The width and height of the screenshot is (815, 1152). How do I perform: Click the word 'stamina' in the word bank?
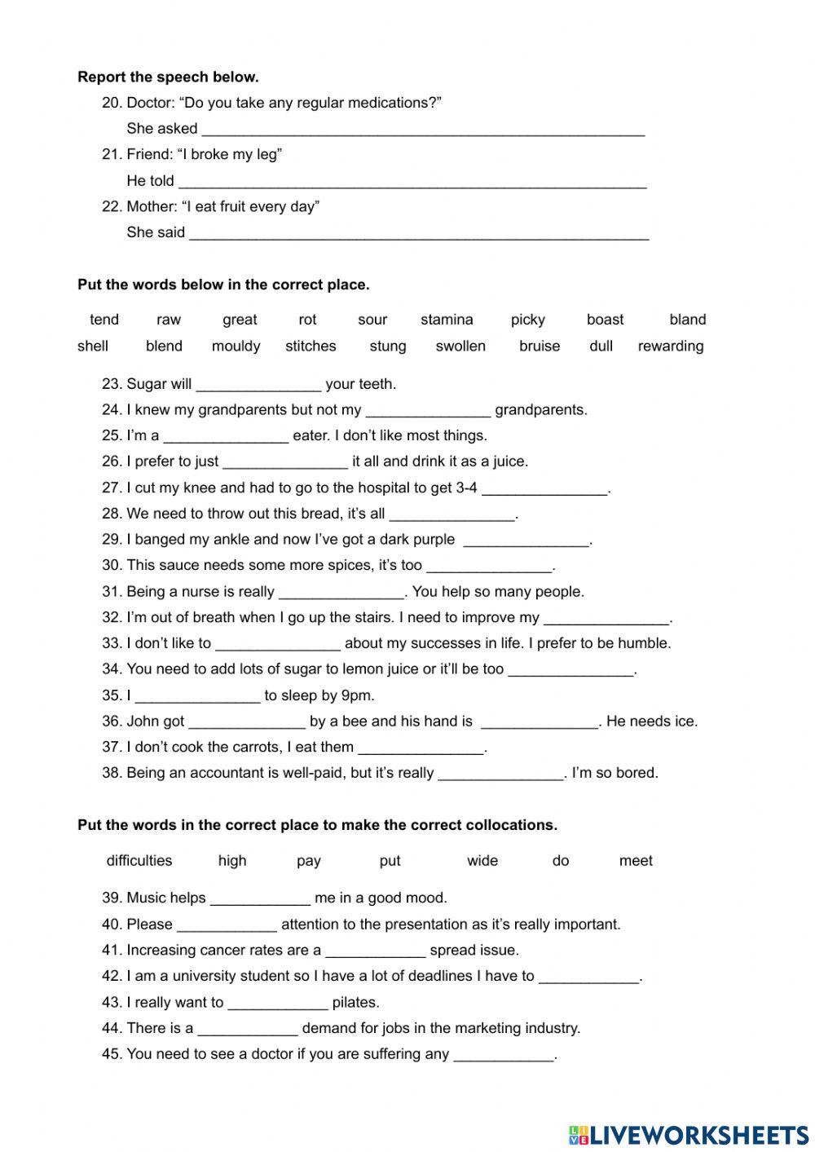(x=447, y=320)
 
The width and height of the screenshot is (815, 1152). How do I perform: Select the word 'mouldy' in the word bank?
(x=236, y=346)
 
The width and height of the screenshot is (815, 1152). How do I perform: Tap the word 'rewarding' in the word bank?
(x=670, y=346)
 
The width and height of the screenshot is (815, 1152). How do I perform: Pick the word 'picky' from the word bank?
(x=527, y=320)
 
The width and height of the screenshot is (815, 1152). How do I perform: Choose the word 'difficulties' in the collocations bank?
(x=139, y=860)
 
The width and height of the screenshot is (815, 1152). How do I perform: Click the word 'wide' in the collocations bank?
(x=482, y=860)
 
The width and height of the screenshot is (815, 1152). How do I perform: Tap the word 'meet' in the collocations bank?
(x=636, y=860)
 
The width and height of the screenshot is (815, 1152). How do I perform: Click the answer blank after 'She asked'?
(x=423, y=130)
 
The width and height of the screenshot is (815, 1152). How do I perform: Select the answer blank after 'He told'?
(x=412, y=182)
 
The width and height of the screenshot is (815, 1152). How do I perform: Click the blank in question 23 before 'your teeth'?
(x=258, y=386)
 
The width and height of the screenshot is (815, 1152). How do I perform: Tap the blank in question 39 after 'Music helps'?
(x=260, y=899)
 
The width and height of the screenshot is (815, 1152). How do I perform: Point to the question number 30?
(x=111, y=565)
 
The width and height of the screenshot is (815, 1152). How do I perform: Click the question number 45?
(x=111, y=1053)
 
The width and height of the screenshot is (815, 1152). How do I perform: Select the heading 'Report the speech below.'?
(x=168, y=77)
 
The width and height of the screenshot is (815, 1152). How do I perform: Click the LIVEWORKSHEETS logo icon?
(x=579, y=1134)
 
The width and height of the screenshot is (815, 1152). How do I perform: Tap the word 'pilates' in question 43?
(x=355, y=1002)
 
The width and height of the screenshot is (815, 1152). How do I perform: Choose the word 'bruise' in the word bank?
(x=540, y=346)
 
